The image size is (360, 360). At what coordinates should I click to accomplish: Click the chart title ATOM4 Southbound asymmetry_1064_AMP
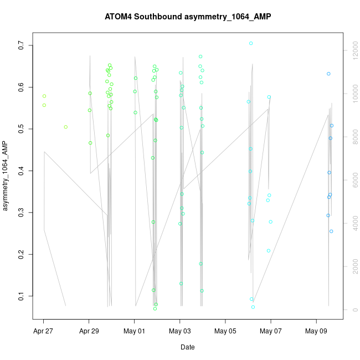[x=188, y=17]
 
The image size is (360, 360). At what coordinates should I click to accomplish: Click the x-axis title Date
[x=187, y=347]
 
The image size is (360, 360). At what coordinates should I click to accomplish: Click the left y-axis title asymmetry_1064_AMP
[x=6, y=177]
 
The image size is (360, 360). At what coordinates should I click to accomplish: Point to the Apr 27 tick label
[x=43, y=332]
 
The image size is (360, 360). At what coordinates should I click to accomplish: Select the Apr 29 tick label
[x=89, y=332]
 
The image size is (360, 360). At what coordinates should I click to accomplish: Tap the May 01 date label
[x=134, y=332]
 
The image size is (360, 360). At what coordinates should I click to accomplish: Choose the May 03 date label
[x=180, y=332]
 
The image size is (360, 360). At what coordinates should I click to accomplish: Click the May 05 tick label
[x=225, y=332]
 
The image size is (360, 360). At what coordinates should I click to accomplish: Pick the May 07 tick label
[x=271, y=332]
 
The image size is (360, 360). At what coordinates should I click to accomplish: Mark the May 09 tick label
[x=316, y=332]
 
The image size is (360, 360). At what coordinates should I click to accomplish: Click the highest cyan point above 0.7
[x=251, y=43]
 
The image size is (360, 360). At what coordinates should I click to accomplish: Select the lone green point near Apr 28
[x=65, y=127]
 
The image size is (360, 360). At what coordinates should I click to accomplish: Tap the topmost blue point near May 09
[x=328, y=74]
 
